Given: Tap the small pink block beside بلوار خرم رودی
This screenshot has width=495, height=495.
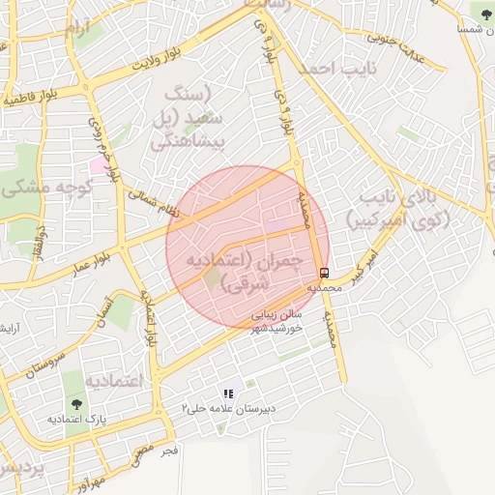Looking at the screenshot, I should coord(100,165).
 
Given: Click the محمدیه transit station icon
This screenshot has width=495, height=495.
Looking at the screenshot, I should coord(324,273).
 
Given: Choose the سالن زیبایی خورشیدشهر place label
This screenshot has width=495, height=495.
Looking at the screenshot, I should coord(277,322).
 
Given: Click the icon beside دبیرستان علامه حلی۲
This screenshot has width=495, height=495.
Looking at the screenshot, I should coord(229,393).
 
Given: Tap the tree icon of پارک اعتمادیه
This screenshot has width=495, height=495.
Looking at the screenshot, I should coord(75,403).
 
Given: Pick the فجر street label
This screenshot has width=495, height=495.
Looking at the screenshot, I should coord(169,451).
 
